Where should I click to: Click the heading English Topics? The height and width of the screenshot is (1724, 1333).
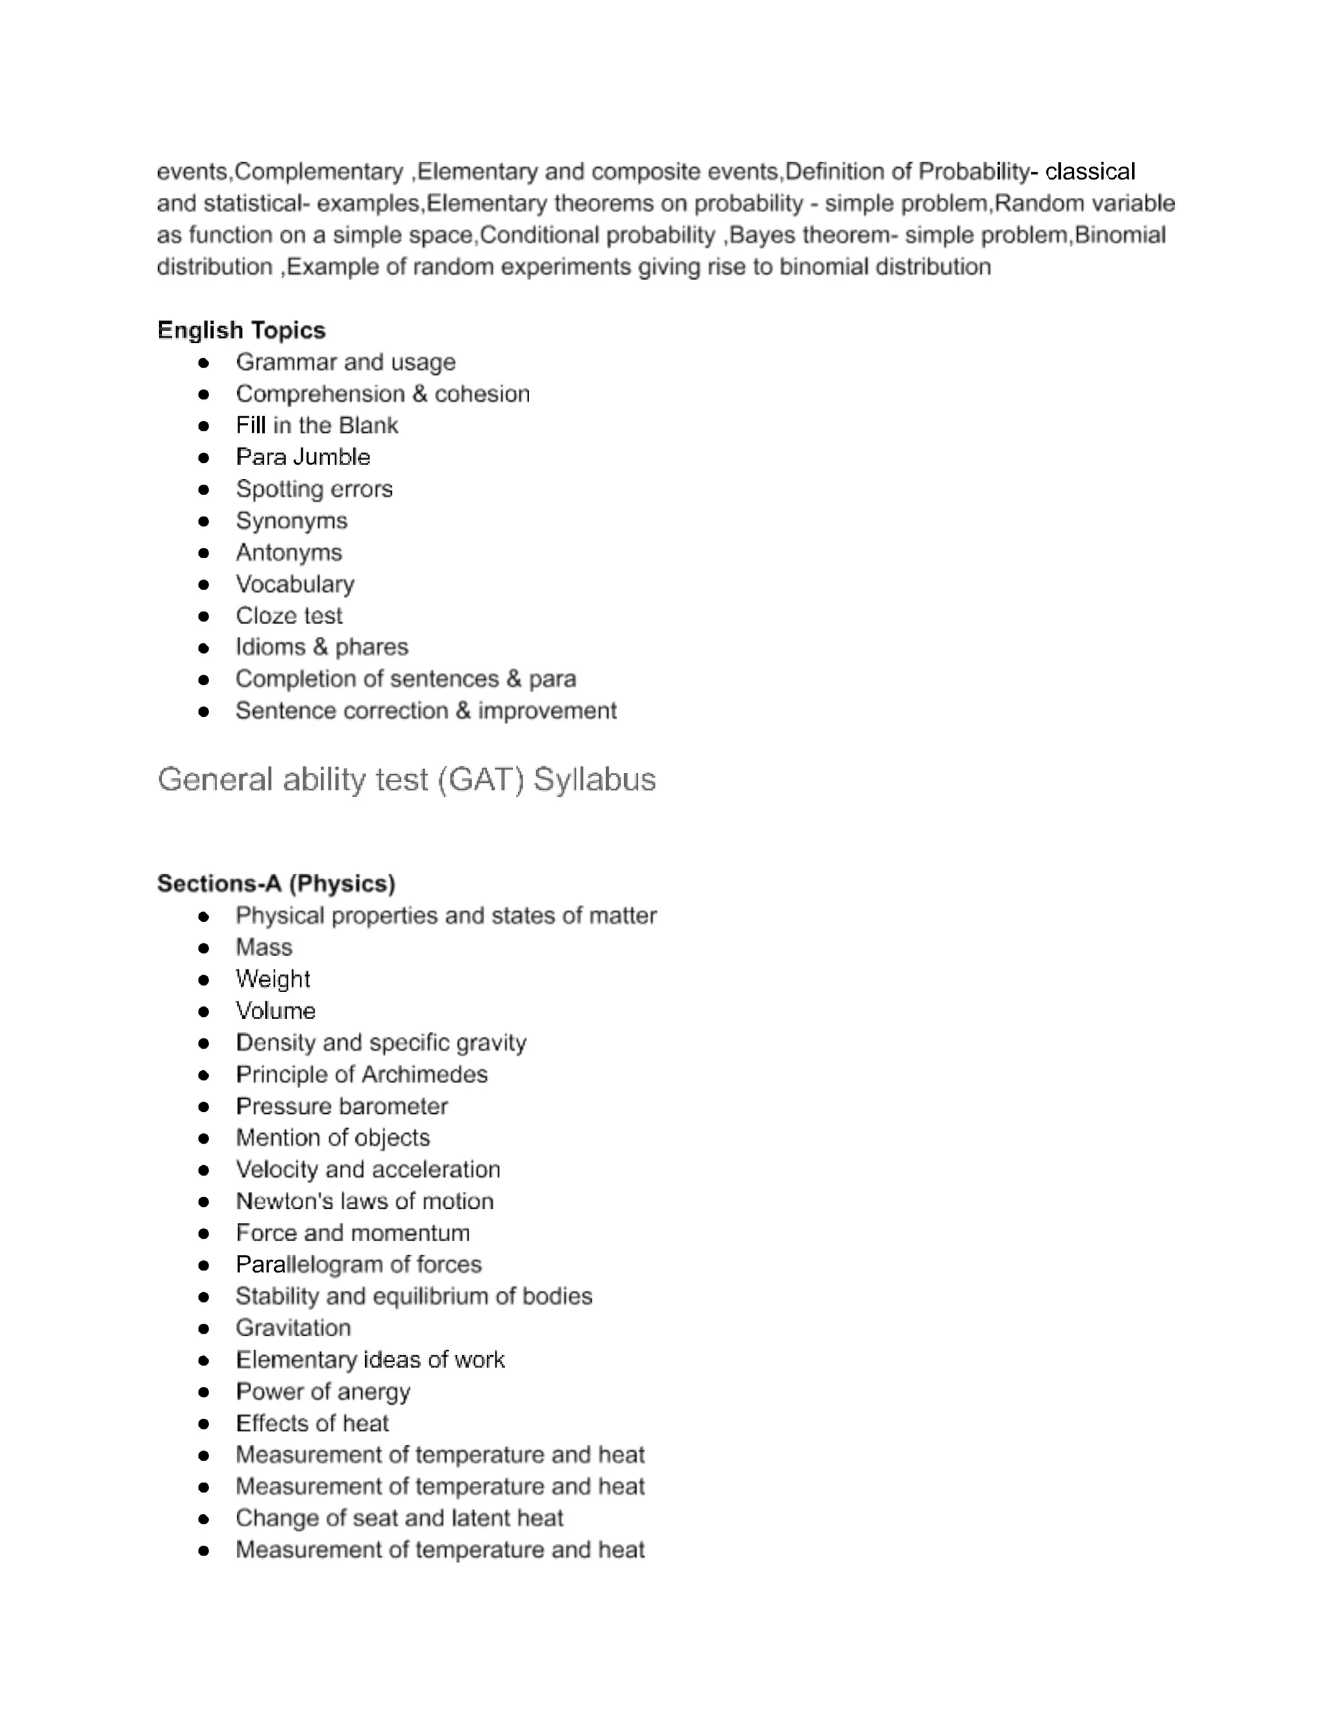tap(241, 330)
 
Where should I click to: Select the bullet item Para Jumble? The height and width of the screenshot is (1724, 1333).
tap(303, 457)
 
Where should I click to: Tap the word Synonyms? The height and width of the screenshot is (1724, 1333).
tap(292, 521)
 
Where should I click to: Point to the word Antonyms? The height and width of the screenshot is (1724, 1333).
tap(288, 552)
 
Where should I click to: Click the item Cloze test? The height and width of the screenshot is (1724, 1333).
tap(289, 615)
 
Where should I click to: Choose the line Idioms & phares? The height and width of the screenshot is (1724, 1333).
tap(322, 647)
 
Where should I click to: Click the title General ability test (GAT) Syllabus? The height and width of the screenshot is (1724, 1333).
tap(406, 780)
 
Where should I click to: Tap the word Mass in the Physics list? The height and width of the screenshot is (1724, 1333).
tap(264, 947)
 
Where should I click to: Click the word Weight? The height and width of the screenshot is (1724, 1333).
tap(273, 979)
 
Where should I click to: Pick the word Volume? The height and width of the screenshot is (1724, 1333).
tap(275, 1011)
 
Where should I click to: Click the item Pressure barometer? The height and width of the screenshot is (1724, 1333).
tap(341, 1106)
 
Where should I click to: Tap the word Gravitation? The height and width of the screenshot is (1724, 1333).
tap(293, 1328)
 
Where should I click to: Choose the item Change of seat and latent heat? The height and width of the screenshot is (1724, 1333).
tap(399, 1518)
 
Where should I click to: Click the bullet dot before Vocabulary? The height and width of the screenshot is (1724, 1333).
tap(204, 585)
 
